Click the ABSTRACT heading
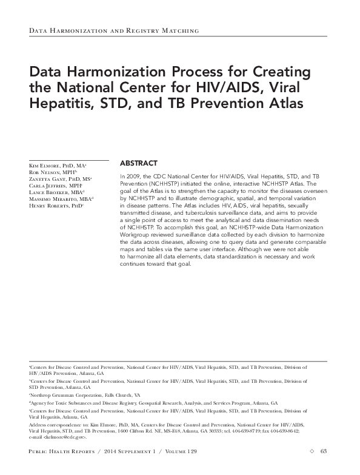(x=139, y=163)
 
